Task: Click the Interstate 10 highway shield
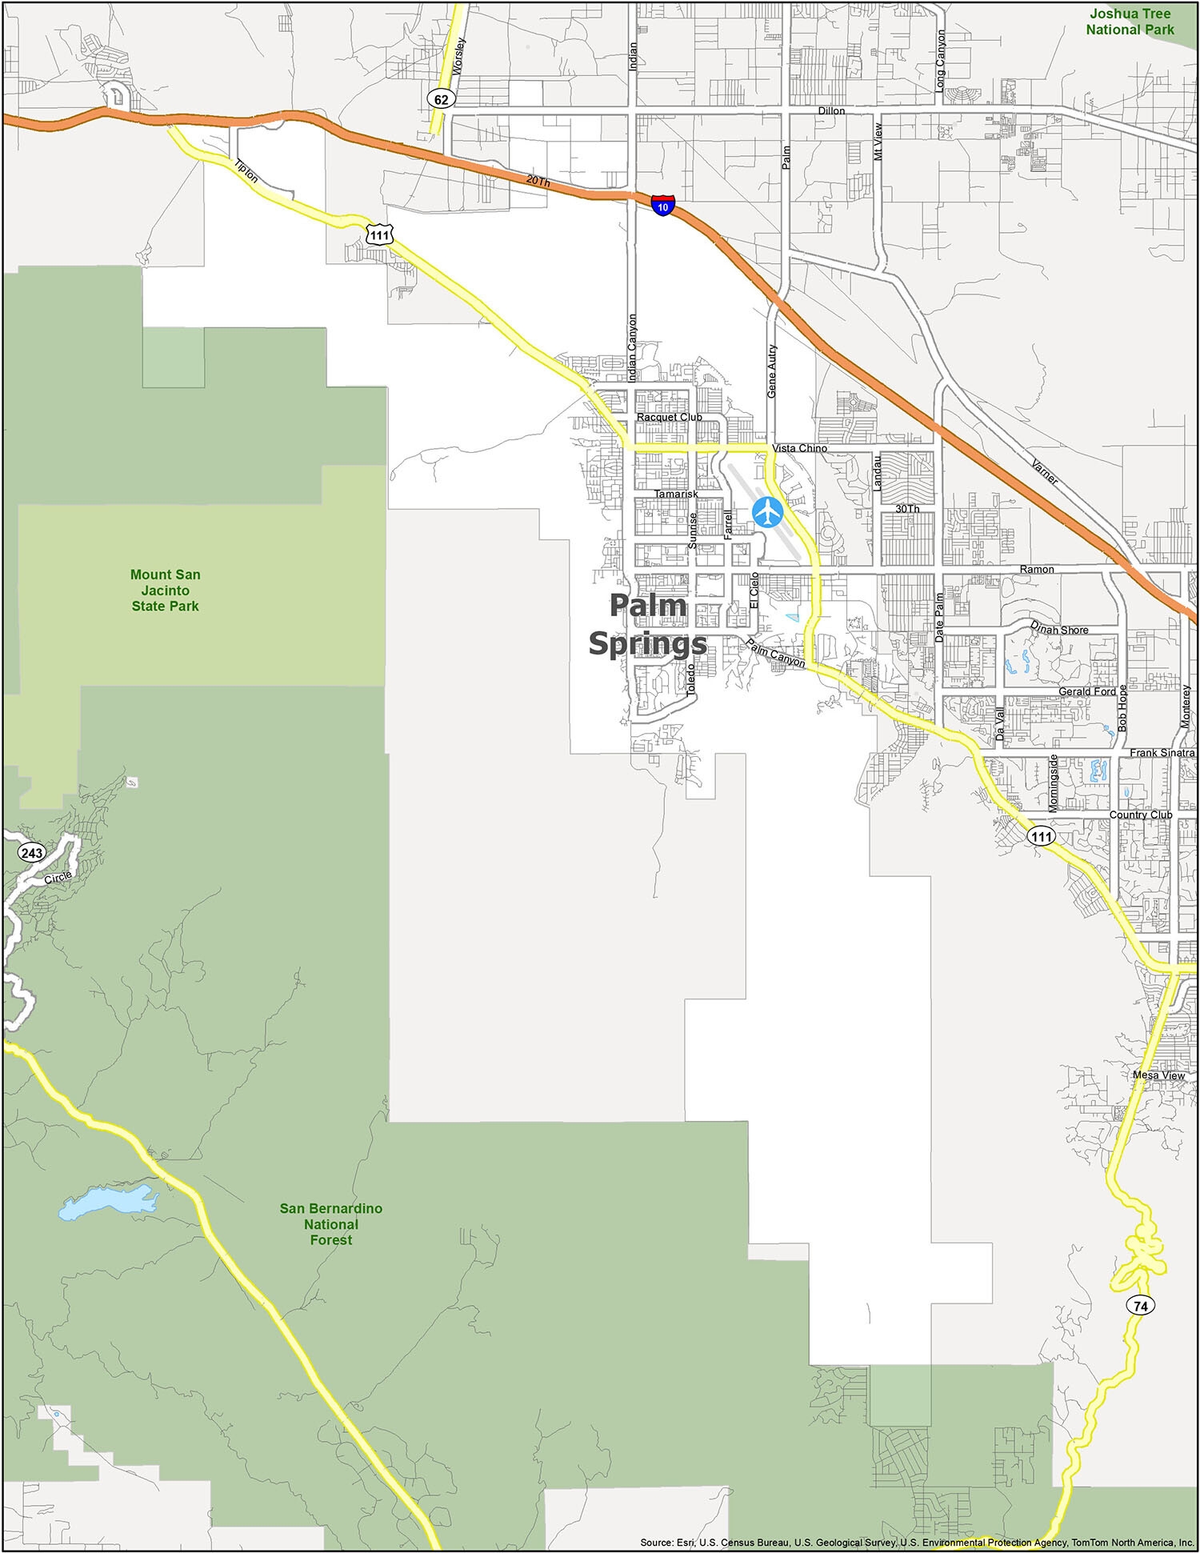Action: point(662,205)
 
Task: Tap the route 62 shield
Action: point(442,98)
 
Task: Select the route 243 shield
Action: point(32,852)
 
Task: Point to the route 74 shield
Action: point(1140,1305)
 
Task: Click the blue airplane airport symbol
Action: point(768,511)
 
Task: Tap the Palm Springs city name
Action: point(648,625)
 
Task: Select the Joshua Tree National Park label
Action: point(1130,22)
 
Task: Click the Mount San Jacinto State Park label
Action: point(166,590)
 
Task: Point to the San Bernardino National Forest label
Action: point(330,1223)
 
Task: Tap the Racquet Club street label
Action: point(669,417)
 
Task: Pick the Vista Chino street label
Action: point(799,448)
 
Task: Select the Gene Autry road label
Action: point(772,371)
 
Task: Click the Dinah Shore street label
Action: point(1059,628)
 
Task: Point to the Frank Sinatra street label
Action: point(1162,753)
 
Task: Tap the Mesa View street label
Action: point(1158,1075)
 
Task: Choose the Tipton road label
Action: point(246,171)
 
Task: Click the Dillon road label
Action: point(831,110)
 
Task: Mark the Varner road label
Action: point(1045,472)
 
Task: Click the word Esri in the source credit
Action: point(687,1542)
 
